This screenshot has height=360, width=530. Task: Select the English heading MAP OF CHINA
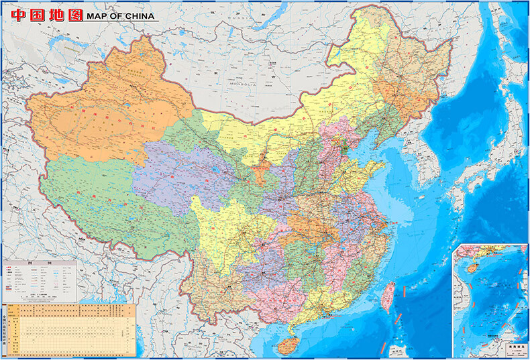tap(119, 15)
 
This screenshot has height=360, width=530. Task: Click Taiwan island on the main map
tap(388, 294)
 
